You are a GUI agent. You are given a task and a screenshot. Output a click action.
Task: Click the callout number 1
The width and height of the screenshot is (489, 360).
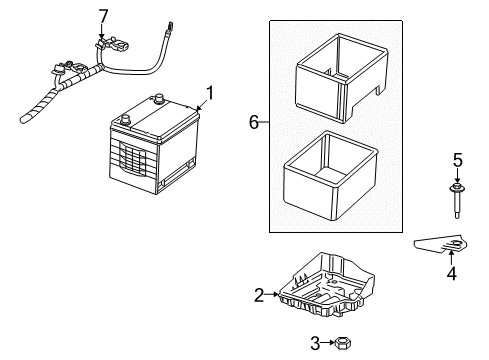209,95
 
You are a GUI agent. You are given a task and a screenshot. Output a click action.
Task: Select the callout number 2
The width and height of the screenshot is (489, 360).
258,294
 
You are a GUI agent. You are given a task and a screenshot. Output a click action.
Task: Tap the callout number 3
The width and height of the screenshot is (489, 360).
315,343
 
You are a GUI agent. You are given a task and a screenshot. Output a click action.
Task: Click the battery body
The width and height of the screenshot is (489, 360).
150,150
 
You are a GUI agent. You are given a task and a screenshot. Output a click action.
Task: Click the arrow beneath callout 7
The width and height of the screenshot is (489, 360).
101,35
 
